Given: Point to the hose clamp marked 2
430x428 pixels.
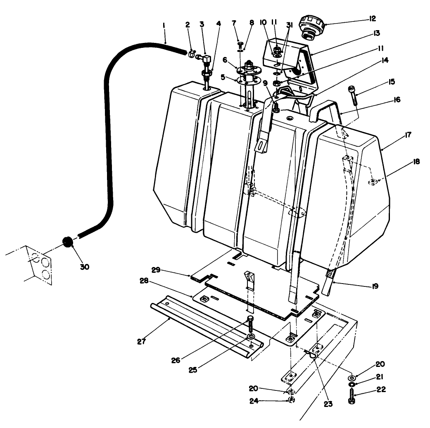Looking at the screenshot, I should click(192, 53).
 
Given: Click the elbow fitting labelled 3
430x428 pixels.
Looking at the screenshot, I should click(205, 61).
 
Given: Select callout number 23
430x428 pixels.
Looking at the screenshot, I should click(328, 405).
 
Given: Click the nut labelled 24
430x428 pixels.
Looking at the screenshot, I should click(291, 400).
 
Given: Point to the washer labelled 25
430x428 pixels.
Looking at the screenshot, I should click(251, 337).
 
